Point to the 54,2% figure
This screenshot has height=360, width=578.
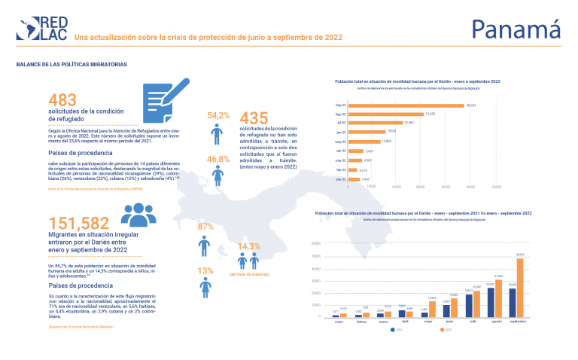(x=218, y=115)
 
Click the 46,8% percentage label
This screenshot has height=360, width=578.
(x=218, y=159)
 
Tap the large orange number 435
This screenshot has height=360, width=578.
(x=254, y=119)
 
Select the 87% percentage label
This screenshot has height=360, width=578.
(x=205, y=227)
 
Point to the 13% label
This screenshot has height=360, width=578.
(x=205, y=271)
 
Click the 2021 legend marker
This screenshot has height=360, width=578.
(x=393, y=329)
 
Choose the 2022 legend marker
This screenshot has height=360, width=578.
(x=441, y=329)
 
